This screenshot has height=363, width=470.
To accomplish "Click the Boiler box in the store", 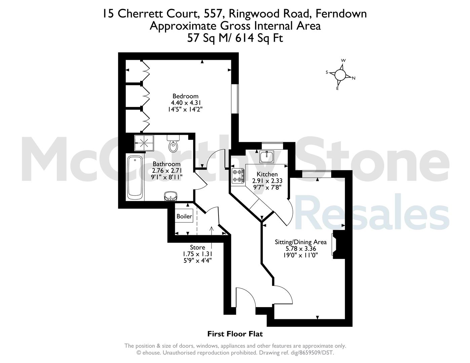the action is point(184,216).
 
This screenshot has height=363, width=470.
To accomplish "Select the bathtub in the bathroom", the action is point(135,177).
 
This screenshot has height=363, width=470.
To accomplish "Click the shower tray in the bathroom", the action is point(144,143).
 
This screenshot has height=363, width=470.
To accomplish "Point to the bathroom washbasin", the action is point(171,196).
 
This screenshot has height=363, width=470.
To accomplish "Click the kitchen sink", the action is point(267,157).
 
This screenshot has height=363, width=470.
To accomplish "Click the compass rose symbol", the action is point(340,75).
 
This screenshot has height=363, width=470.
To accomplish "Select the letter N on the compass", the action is point(354,78).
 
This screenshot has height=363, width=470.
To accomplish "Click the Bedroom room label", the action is point(185,96).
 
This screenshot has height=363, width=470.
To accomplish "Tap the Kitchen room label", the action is point(267,174).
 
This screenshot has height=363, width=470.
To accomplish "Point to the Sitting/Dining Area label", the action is point(301,242).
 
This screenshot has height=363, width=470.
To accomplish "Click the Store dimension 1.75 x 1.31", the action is point(198,254).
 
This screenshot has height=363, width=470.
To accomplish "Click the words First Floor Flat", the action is point(235,334).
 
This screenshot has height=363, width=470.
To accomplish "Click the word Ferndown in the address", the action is point(341,14).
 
